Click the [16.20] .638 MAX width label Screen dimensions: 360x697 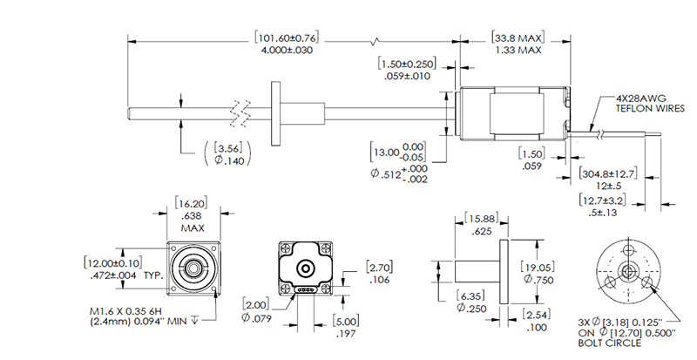coord(193,214)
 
